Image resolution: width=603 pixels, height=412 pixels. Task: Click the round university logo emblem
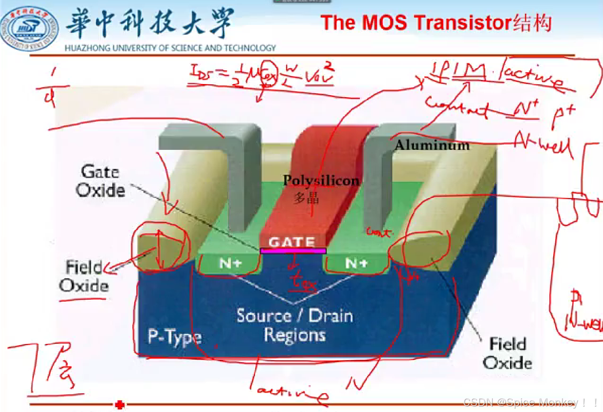(x=29, y=28)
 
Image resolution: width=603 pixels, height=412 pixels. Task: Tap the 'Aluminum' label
(x=432, y=145)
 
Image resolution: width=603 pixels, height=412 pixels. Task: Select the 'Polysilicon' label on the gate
(x=321, y=181)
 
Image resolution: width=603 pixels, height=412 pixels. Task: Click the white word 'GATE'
(x=292, y=242)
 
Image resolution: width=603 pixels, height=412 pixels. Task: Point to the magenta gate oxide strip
(x=293, y=251)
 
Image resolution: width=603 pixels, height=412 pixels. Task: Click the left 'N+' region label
(x=229, y=264)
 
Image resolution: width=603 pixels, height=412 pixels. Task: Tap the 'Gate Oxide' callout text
(x=100, y=181)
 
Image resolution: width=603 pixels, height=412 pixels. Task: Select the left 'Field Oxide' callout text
(x=84, y=276)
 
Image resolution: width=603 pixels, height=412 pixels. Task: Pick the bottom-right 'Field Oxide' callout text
(x=507, y=353)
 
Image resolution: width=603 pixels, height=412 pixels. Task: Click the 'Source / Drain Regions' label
(x=294, y=325)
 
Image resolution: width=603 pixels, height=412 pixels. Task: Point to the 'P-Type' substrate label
(x=175, y=337)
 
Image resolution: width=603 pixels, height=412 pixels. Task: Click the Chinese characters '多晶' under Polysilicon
(x=307, y=198)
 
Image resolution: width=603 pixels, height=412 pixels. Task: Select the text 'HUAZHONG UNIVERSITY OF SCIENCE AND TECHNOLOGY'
(x=170, y=48)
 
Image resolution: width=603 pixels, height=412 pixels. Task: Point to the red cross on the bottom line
(x=119, y=405)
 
